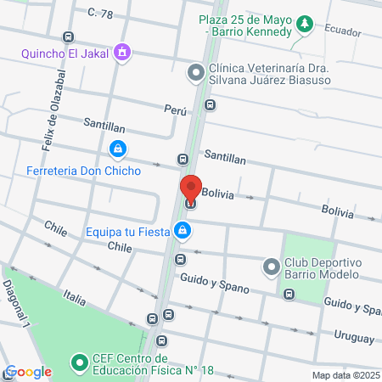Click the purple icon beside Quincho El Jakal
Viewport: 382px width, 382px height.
[x=124, y=53]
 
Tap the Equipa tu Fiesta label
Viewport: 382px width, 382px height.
[x=127, y=230]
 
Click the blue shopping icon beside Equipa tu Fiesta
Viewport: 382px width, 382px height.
[x=182, y=230]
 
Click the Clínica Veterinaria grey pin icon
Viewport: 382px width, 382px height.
[x=196, y=72]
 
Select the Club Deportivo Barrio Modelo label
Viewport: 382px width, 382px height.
[x=323, y=267]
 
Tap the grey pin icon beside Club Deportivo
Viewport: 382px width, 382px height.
[x=272, y=267]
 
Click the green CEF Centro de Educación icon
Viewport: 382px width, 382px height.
[x=80, y=362]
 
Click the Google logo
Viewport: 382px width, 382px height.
[x=27, y=371]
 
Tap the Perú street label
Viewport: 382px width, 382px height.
[x=175, y=110]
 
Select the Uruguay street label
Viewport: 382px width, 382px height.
[x=354, y=338]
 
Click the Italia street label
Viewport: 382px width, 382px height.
[x=75, y=298]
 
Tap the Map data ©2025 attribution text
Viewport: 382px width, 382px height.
[x=345, y=374]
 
